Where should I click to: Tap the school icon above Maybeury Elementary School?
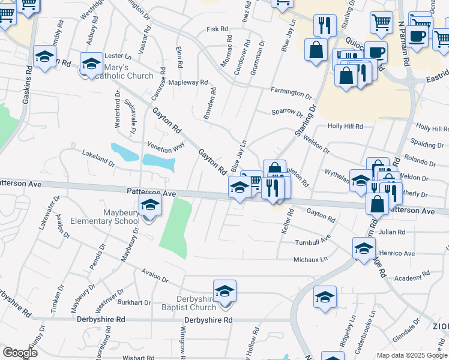click(x=150, y=205)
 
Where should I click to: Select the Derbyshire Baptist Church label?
click(x=196, y=304)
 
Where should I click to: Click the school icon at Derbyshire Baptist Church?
click(x=224, y=292)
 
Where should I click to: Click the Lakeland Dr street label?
click(x=98, y=158)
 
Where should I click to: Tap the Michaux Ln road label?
click(x=310, y=259)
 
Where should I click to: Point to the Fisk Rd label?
click(x=217, y=29)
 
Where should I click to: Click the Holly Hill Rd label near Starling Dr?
click(x=345, y=127)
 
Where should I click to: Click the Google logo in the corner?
click(x=20, y=353)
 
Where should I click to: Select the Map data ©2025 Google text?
click(x=411, y=355)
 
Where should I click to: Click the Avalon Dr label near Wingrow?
click(x=155, y=277)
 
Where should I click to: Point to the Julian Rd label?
click(x=392, y=232)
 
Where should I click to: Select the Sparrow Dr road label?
click(x=287, y=112)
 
